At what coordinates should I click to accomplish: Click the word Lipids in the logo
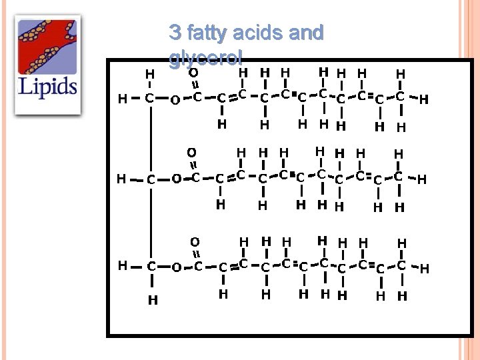(47, 86)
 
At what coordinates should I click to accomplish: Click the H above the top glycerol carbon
(150, 73)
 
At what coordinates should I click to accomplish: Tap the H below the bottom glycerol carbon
(153, 300)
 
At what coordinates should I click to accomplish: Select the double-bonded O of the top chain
(193, 72)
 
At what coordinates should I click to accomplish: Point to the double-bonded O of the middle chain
(191, 153)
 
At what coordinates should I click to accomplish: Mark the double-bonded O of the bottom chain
(194, 241)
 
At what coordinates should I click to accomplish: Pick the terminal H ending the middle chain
(421, 179)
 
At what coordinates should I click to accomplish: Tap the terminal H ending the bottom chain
(424, 268)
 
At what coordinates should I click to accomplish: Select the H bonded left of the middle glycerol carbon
(121, 179)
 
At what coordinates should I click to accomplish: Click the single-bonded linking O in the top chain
(175, 100)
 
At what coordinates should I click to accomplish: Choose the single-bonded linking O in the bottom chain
(176, 268)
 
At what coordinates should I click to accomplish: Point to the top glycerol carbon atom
(150, 99)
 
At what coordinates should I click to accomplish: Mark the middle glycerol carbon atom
(151, 179)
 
